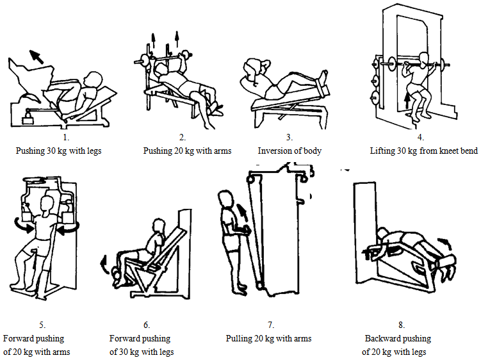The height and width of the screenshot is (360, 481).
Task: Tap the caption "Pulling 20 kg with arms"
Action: (x=268, y=338)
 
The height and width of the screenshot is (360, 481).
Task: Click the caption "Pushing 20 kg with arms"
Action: (x=187, y=151)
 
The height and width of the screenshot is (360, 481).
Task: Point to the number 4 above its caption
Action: (x=420, y=137)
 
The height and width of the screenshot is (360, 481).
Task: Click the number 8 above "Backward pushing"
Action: (x=401, y=325)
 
